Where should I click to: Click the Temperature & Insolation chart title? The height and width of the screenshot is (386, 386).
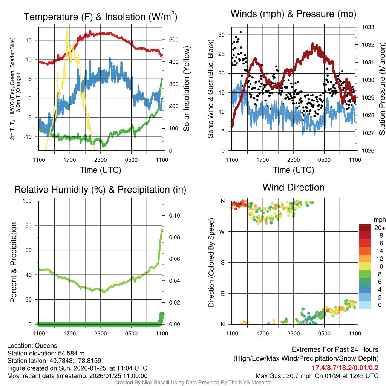coord(100,17)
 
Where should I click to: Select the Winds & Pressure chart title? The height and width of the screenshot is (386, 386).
coord(293,14)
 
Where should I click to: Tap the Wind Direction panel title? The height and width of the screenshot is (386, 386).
coord(293,187)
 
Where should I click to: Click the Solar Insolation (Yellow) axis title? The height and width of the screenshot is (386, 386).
coord(186,89)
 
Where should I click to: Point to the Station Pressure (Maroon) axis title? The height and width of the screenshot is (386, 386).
coord(381,89)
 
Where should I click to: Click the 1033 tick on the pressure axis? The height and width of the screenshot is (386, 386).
coord(368,27)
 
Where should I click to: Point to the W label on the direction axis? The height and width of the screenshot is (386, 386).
coord(222,231)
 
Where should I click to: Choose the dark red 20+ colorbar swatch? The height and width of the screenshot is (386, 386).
coord(365,228)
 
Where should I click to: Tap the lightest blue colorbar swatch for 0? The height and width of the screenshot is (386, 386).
coord(365,305)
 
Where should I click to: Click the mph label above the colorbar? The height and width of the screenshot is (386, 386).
coord(379,219)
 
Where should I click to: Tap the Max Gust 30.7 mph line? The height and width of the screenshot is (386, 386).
coord(317,376)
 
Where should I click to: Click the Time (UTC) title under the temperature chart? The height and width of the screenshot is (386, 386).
coord(100,170)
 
